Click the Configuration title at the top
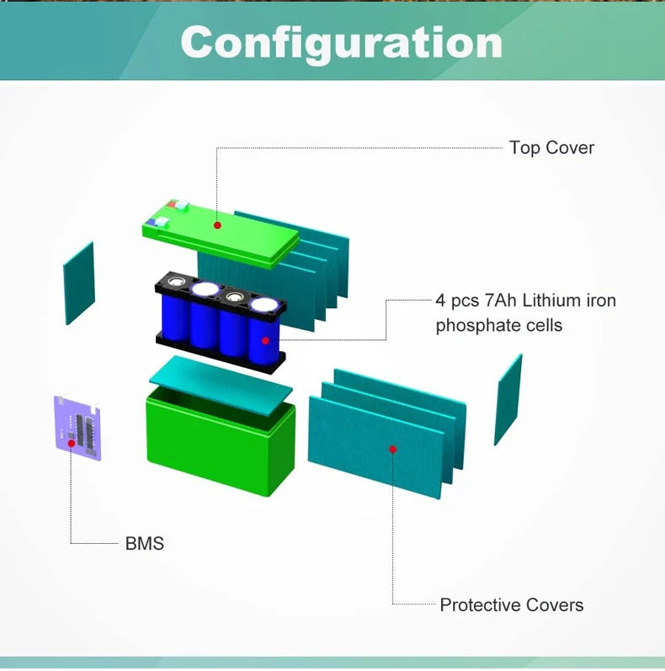tap(341, 41)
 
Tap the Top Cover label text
tap(551, 148)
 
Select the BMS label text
tap(145, 543)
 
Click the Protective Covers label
tap(511, 604)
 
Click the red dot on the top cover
tap(217, 225)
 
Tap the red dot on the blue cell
tap(265, 341)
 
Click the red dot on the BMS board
tap(72, 443)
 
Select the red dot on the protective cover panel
tap(392, 450)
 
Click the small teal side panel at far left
tap(79, 283)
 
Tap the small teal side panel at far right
tap(508, 399)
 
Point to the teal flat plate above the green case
tap(221, 382)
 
